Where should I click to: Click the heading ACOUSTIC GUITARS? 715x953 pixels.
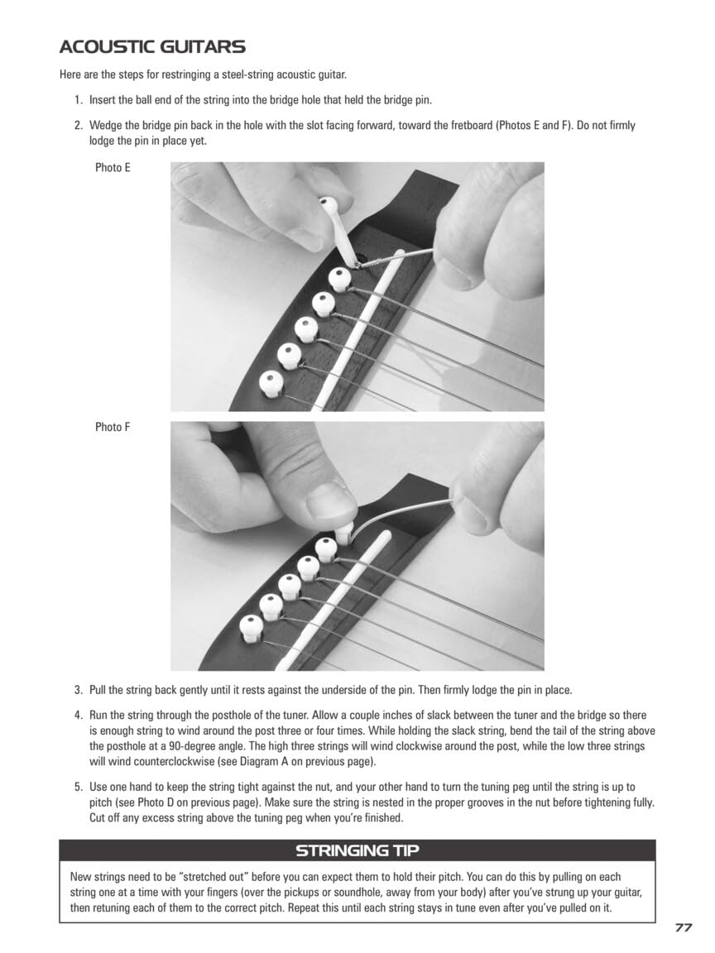click(152, 46)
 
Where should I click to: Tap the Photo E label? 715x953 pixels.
click(113, 168)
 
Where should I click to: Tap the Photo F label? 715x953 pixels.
click(113, 428)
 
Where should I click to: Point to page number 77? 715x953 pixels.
click(683, 928)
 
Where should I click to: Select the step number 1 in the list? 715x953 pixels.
click(78, 100)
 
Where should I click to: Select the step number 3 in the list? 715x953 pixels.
click(78, 690)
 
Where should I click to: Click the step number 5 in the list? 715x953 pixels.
click(78, 788)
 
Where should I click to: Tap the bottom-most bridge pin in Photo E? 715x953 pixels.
click(271, 381)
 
